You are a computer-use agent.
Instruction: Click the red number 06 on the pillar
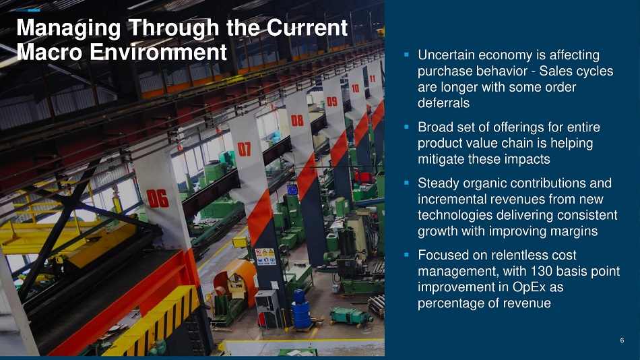pyautogui.click(x=158, y=199)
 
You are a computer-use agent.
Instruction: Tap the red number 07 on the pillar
pyautogui.click(x=244, y=149)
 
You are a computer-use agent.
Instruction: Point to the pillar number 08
pyautogui.click(x=297, y=120)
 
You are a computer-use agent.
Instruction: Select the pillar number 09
pyautogui.click(x=332, y=101)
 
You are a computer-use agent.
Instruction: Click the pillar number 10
pyautogui.click(x=355, y=88)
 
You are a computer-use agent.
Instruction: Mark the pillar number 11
pyautogui.click(x=373, y=78)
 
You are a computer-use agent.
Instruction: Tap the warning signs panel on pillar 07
pyautogui.click(x=265, y=257)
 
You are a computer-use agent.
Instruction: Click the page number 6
pyautogui.click(x=622, y=340)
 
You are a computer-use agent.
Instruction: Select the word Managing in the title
pyautogui.click(x=69, y=28)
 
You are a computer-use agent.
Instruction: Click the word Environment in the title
pyautogui.click(x=158, y=53)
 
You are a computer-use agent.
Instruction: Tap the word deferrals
pyautogui.click(x=443, y=103)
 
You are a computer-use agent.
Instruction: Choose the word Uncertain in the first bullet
pyautogui.click(x=446, y=55)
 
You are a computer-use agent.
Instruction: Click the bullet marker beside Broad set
pyautogui.click(x=406, y=127)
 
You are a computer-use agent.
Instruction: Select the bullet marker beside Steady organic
pyautogui.click(x=406, y=183)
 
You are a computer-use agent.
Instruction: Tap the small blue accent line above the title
pyautogui.click(x=28, y=10)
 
